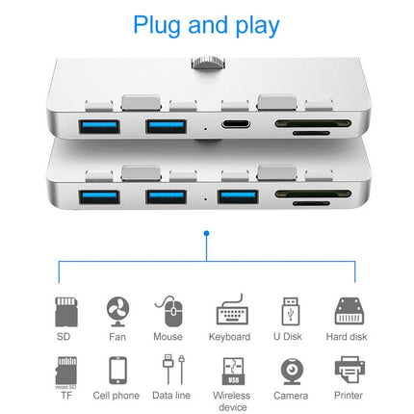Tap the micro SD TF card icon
[x=64, y=370]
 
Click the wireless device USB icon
[x=231, y=371]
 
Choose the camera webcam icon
[x=290, y=371]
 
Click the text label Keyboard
[x=229, y=337]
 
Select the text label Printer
[x=349, y=395]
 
